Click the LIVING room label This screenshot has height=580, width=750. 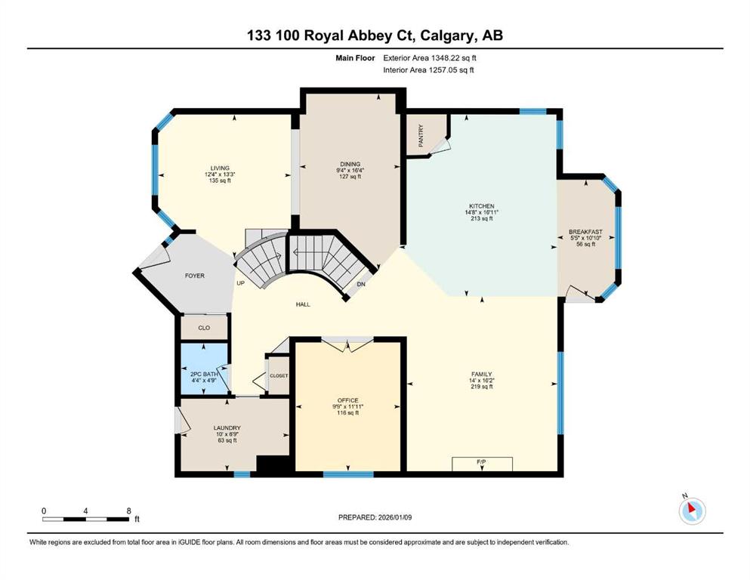click(x=220, y=168)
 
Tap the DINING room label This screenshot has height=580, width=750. click(x=350, y=164)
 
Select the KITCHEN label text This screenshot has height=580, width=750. click(x=481, y=206)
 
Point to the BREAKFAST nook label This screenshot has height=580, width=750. click(x=585, y=232)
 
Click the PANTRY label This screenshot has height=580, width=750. click(x=421, y=136)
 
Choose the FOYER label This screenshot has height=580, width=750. click(x=195, y=276)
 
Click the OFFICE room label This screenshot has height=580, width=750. click(x=347, y=400)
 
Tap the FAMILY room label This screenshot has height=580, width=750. click(x=481, y=375)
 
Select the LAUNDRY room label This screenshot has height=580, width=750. click(x=227, y=428)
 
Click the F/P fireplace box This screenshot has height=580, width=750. click(x=482, y=464)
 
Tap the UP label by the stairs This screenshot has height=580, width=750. click(x=241, y=283)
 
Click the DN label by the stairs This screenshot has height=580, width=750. click(x=361, y=284)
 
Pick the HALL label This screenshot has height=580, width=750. click(x=303, y=304)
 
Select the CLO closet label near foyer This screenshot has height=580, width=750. click(x=204, y=328)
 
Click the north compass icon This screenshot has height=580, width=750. click(x=692, y=511)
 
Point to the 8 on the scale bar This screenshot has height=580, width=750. click(x=128, y=511)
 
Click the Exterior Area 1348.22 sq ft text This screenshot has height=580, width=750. click(x=430, y=58)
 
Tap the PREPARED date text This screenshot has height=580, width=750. click(x=375, y=517)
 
